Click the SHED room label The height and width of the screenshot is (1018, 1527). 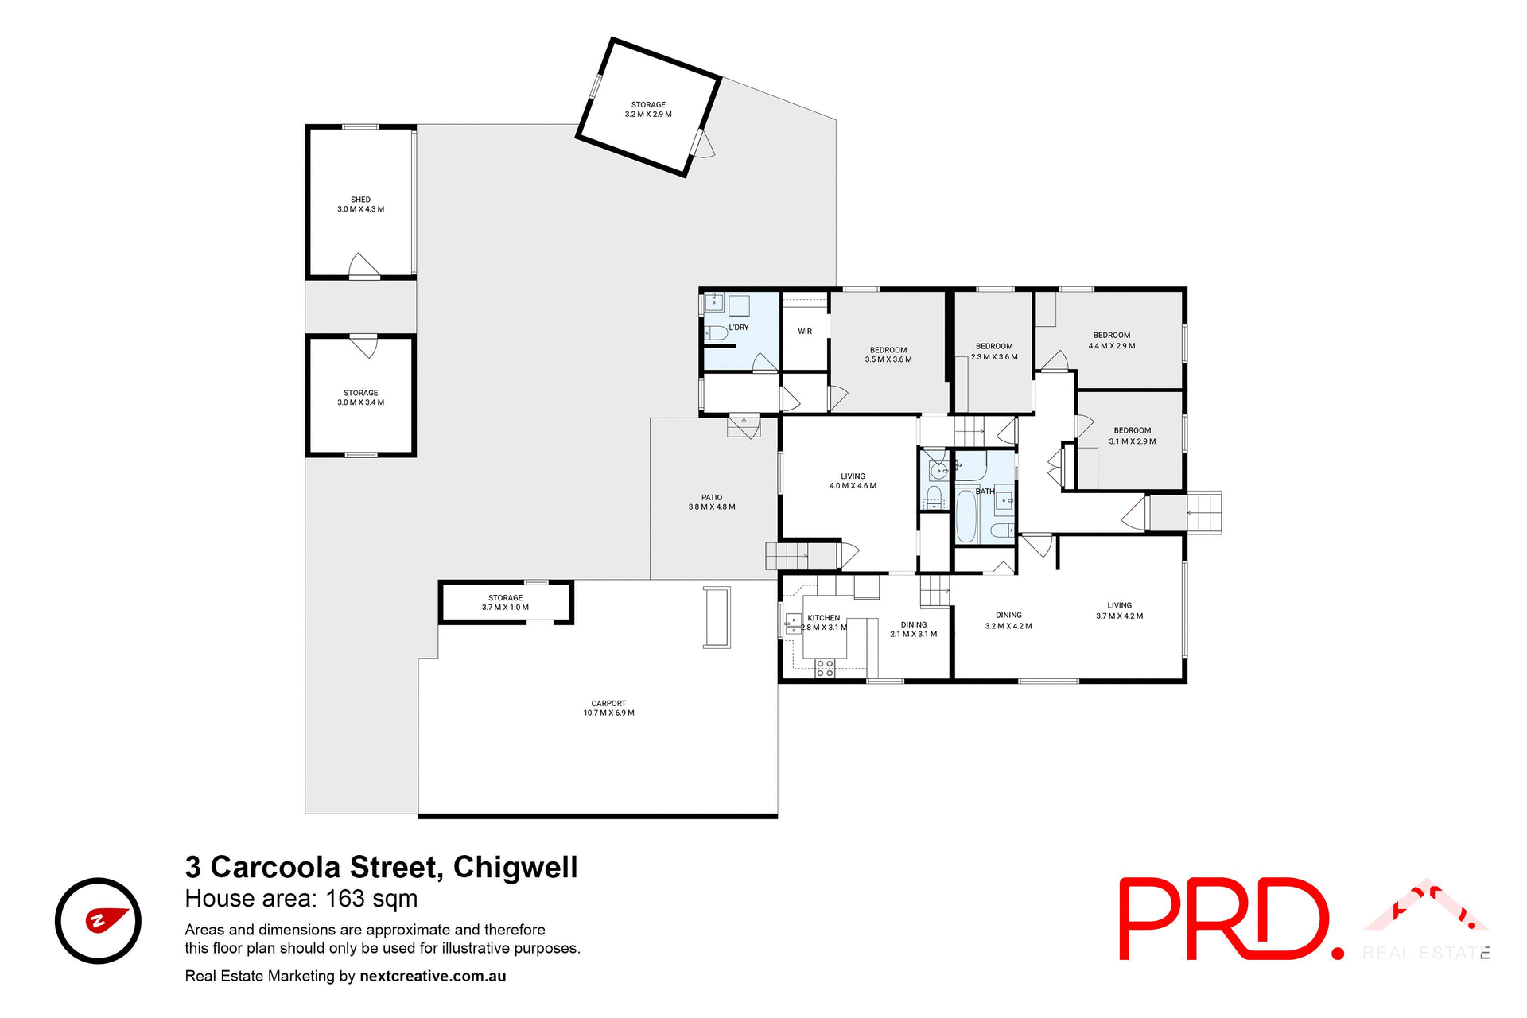pos(360,204)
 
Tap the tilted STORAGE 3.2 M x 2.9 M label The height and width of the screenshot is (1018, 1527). pos(648,110)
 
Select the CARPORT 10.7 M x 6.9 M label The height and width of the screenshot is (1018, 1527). pos(608,708)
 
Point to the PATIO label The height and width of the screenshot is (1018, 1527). pos(712,502)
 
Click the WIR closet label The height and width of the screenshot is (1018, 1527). pos(805,332)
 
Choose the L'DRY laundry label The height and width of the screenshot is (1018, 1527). pos(739,328)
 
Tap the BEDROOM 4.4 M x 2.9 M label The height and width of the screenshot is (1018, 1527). pos(1111,340)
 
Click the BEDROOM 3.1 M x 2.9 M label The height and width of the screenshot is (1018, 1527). pos(1132,436)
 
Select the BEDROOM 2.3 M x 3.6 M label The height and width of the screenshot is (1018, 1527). pos(994,352)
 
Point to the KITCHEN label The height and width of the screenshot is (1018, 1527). pos(823,618)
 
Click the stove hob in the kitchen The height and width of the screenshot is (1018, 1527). pos(825,668)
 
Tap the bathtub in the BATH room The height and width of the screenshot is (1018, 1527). pos(966,517)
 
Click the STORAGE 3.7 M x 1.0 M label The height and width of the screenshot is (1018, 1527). pos(505,603)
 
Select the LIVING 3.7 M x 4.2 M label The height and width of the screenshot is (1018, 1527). pos(1119,611)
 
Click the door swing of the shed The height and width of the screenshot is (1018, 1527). pos(363,266)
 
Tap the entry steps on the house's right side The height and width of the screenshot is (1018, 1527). pos(1203,513)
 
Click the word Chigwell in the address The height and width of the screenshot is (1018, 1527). pos(515,868)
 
